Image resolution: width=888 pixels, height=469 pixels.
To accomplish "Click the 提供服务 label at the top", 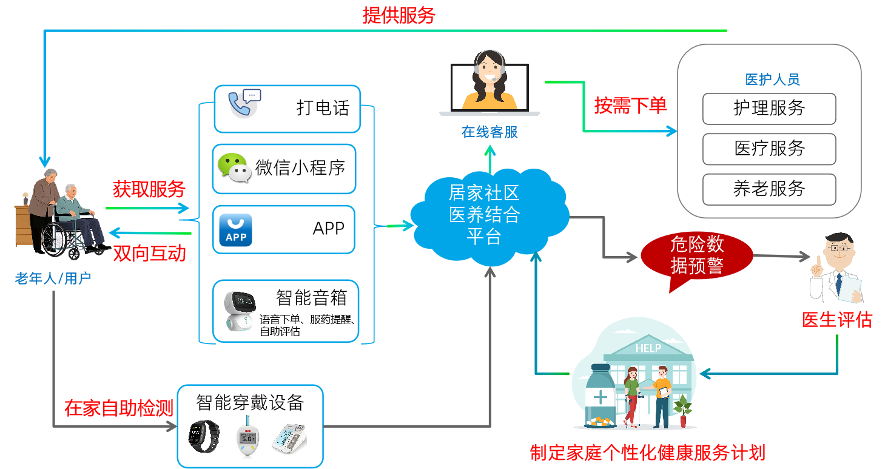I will pos(399,15).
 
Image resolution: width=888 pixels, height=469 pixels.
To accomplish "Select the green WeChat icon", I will pos(234,167).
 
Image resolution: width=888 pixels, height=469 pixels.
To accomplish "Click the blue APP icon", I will pos(235,230).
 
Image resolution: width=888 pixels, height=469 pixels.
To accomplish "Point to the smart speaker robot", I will pos(238,310).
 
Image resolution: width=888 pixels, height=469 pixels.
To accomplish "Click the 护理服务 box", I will pos(769,109).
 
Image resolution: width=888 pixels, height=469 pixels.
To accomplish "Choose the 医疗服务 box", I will pos(769,149).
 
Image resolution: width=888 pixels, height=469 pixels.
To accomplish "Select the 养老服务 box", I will pos(769,189).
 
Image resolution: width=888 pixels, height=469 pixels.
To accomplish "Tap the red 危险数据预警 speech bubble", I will pos(696,255).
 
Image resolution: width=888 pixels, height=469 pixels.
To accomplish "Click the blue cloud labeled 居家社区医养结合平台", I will pos(485,215).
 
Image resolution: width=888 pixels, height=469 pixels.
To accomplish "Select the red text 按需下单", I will pos(630,106).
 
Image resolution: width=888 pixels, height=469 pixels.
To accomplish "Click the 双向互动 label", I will pos(149,253).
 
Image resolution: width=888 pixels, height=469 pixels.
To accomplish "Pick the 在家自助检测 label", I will pos(119,408).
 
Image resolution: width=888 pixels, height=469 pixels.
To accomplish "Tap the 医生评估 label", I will pos(836,320).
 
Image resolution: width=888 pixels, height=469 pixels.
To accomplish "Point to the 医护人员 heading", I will pos(772,79).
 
